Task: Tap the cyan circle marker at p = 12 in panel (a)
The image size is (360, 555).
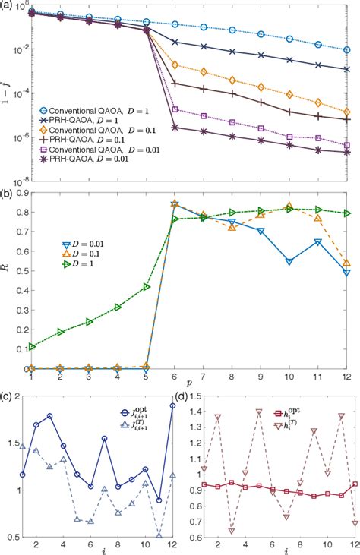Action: click(x=346, y=50)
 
